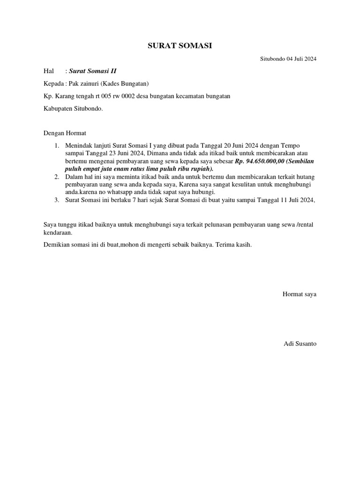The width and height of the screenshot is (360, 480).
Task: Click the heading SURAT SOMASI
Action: coord(180,45)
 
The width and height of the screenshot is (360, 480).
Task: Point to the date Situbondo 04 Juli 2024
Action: coord(288,59)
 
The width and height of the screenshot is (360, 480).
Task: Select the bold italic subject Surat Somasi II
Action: coord(93,71)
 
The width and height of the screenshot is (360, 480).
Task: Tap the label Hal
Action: coord(49,71)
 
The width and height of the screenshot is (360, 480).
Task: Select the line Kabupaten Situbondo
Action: coord(73,108)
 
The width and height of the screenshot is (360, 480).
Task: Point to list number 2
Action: coord(56,176)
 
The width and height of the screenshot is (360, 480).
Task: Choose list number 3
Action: coord(56,200)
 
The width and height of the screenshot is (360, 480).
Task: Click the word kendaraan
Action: coord(58,232)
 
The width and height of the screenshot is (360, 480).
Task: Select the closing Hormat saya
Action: coord(299,294)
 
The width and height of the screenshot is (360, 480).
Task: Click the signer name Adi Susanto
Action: coord(300,344)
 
